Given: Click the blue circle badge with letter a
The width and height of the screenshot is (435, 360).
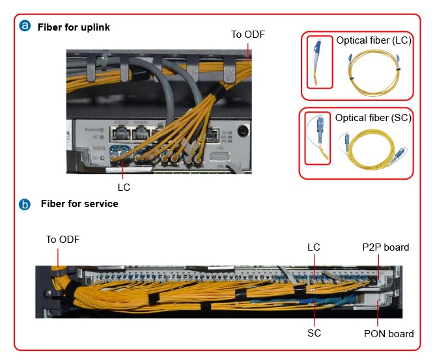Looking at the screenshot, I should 25,27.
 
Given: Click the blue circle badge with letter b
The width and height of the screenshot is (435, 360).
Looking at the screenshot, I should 25,204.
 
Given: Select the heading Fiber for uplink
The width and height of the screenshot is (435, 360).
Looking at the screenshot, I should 74,27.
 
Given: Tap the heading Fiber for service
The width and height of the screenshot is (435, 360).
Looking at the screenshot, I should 79,204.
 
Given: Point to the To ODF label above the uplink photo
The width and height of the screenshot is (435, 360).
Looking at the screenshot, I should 248,34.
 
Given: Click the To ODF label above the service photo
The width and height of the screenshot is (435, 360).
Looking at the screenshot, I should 63,240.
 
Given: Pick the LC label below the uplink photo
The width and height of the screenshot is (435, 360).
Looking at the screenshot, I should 124,186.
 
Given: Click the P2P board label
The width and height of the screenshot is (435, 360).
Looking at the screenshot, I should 386,247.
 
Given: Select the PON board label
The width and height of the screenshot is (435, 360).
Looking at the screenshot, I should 388,334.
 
